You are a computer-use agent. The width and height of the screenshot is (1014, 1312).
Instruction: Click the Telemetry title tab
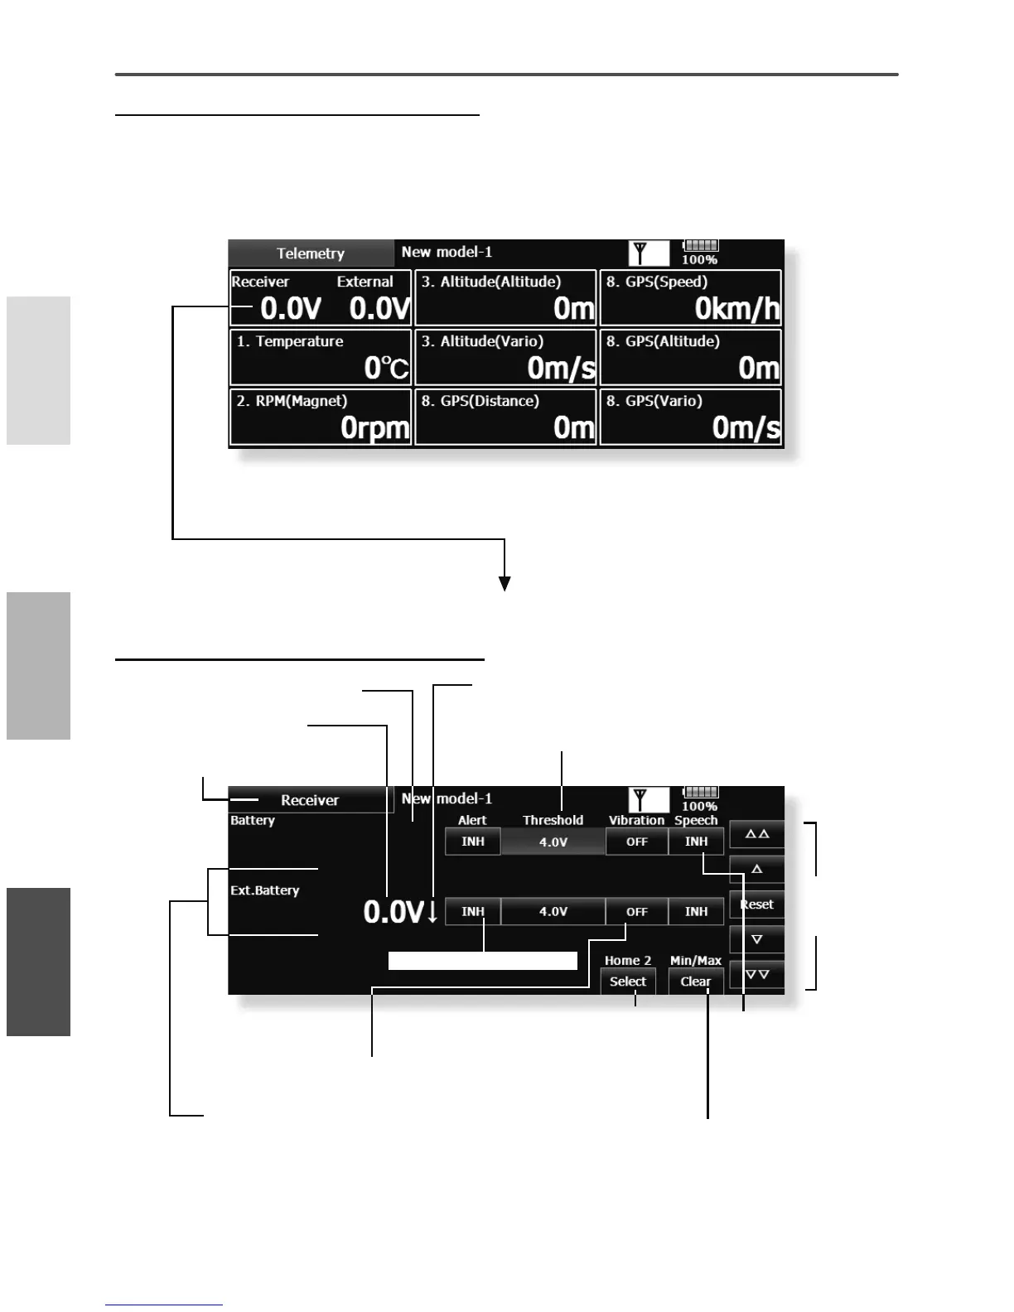click(x=311, y=253)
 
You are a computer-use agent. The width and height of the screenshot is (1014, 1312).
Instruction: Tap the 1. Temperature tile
click(x=321, y=356)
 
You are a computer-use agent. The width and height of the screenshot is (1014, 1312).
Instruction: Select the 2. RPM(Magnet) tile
click(x=321, y=417)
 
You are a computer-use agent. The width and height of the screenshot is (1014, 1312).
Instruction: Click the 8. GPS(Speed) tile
click(x=690, y=297)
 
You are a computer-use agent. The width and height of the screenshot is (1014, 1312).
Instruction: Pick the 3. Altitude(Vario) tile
click(x=505, y=356)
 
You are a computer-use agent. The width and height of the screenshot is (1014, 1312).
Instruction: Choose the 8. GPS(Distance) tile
click(x=505, y=417)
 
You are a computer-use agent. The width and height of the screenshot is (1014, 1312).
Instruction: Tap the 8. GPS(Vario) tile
click(x=690, y=417)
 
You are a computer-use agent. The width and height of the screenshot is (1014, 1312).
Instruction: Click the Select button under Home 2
click(x=628, y=982)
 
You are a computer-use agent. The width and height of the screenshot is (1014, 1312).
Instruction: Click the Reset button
click(x=756, y=904)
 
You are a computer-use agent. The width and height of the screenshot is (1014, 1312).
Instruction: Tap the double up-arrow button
click(x=756, y=834)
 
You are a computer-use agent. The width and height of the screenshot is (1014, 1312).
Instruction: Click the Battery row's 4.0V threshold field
click(x=553, y=842)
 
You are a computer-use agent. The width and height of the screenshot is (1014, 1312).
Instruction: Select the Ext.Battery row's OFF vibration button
click(x=636, y=912)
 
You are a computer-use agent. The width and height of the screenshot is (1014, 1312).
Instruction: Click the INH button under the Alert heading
click(x=473, y=842)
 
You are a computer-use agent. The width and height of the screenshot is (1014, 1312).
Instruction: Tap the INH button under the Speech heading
click(x=696, y=842)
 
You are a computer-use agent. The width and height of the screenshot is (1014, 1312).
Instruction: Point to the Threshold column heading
click(x=553, y=820)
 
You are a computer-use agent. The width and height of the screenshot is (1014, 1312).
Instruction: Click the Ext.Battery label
click(x=265, y=890)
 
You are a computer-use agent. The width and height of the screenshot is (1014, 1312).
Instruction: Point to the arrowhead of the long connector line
click(x=505, y=585)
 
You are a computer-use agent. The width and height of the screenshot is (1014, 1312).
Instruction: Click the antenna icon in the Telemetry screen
click(x=640, y=253)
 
